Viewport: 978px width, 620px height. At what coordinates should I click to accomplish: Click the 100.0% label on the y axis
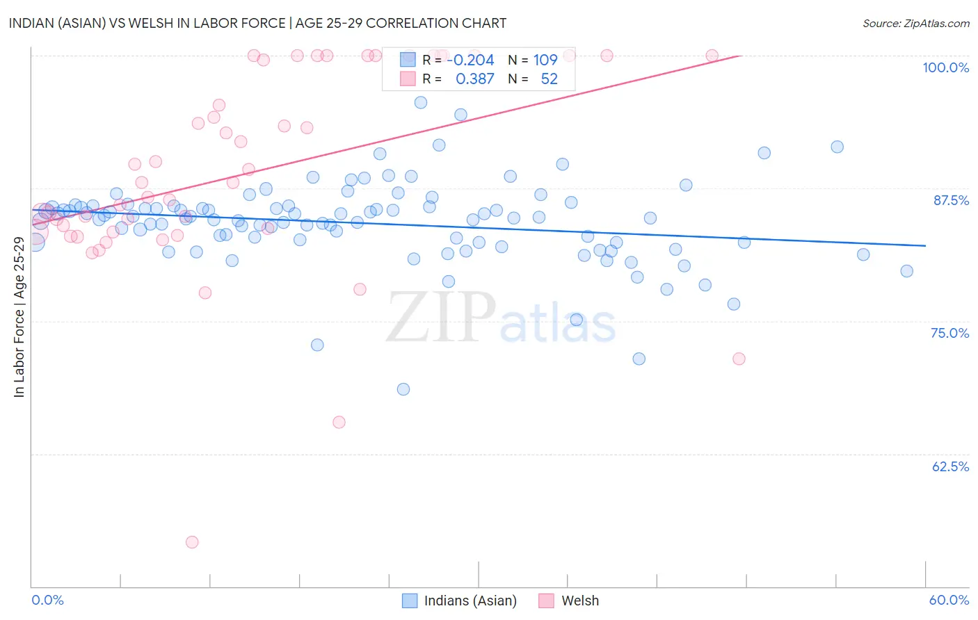pyautogui.click(x=945, y=67)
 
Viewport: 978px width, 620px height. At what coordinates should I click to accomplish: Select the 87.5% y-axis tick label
pyautogui.click(x=950, y=200)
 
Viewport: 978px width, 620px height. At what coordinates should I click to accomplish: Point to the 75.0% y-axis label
pyautogui.click(x=949, y=333)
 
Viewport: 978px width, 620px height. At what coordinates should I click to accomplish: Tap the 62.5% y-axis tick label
pyautogui.click(x=950, y=466)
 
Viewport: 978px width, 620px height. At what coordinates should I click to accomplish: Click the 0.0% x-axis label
pyautogui.click(x=47, y=600)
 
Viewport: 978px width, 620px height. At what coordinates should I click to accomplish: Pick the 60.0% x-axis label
pyautogui.click(x=949, y=600)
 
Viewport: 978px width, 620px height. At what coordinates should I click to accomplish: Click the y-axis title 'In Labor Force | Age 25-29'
pyautogui.click(x=19, y=317)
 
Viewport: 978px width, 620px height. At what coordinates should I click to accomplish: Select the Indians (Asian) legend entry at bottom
pyautogui.click(x=470, y=601)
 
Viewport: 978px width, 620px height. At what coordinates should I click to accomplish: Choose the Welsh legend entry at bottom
pyautogui.click(x=579, y=601)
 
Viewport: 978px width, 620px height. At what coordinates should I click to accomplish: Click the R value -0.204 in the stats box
pyautogui.click(x=470, y=60)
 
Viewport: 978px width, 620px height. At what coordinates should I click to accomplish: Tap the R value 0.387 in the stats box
pyautogui.click(x=474, y=79)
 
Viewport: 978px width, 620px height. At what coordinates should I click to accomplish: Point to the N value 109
pyautogui.click(x=545, y=60)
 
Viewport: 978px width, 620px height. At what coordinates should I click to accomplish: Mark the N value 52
pyautogui.click(x=549, y=79)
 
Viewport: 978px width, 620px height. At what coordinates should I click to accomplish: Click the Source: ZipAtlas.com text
pyautogui.click(x=915, y=23)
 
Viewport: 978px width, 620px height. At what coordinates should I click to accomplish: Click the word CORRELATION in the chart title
pyautogui.click(x=411, y=23)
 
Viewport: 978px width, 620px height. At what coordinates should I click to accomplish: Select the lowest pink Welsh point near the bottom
pyautogui.click(x=192, y=542)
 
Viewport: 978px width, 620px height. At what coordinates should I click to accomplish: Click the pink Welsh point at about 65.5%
pyautogui.click(x=339, y=422)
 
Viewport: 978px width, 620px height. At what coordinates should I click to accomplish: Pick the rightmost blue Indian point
pyautogui.click(x=906, y=271)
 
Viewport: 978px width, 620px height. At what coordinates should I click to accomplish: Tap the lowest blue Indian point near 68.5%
pyautogui.click(x=403, y=389)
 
